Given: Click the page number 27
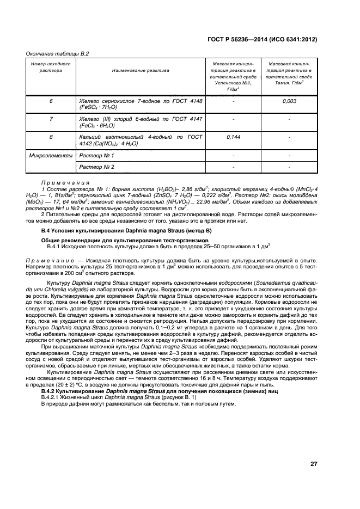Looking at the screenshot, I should coord(314,464).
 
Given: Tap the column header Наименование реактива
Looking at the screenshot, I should coord(141,70).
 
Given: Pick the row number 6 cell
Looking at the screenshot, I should coord(51,102).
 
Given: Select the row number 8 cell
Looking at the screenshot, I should coord(51,137).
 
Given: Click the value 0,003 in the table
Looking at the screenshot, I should coord(289,102).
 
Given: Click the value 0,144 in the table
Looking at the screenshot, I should coord(233,137).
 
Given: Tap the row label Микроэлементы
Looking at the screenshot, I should coord(51,156).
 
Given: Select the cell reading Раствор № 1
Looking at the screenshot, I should coord(97,156).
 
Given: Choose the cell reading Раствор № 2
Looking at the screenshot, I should coord(97,167).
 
